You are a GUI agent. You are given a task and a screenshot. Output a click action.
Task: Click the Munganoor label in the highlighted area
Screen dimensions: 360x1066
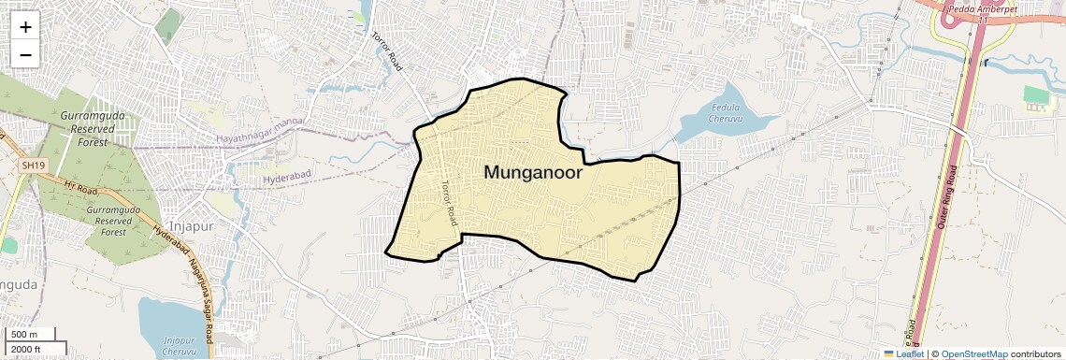click(533, 173)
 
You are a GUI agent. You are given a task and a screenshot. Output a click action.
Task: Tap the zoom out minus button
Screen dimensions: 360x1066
click(25, 54)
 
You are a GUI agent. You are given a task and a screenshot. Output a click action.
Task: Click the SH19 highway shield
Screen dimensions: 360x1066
click(34, 166)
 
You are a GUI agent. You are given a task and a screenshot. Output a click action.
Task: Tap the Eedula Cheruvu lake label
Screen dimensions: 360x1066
click(726, 113)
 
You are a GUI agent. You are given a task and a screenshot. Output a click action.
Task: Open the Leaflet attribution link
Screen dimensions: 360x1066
click(903, 353)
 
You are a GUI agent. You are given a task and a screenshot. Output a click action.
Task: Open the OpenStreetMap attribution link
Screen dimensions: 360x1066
click(973, 353)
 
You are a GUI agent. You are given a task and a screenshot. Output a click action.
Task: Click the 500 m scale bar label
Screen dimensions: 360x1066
click(25, 335)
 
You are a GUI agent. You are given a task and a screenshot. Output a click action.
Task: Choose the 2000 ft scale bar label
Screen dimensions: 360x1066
click(28, 350)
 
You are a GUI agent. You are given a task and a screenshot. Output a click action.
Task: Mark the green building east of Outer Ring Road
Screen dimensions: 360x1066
click(1036, 94)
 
